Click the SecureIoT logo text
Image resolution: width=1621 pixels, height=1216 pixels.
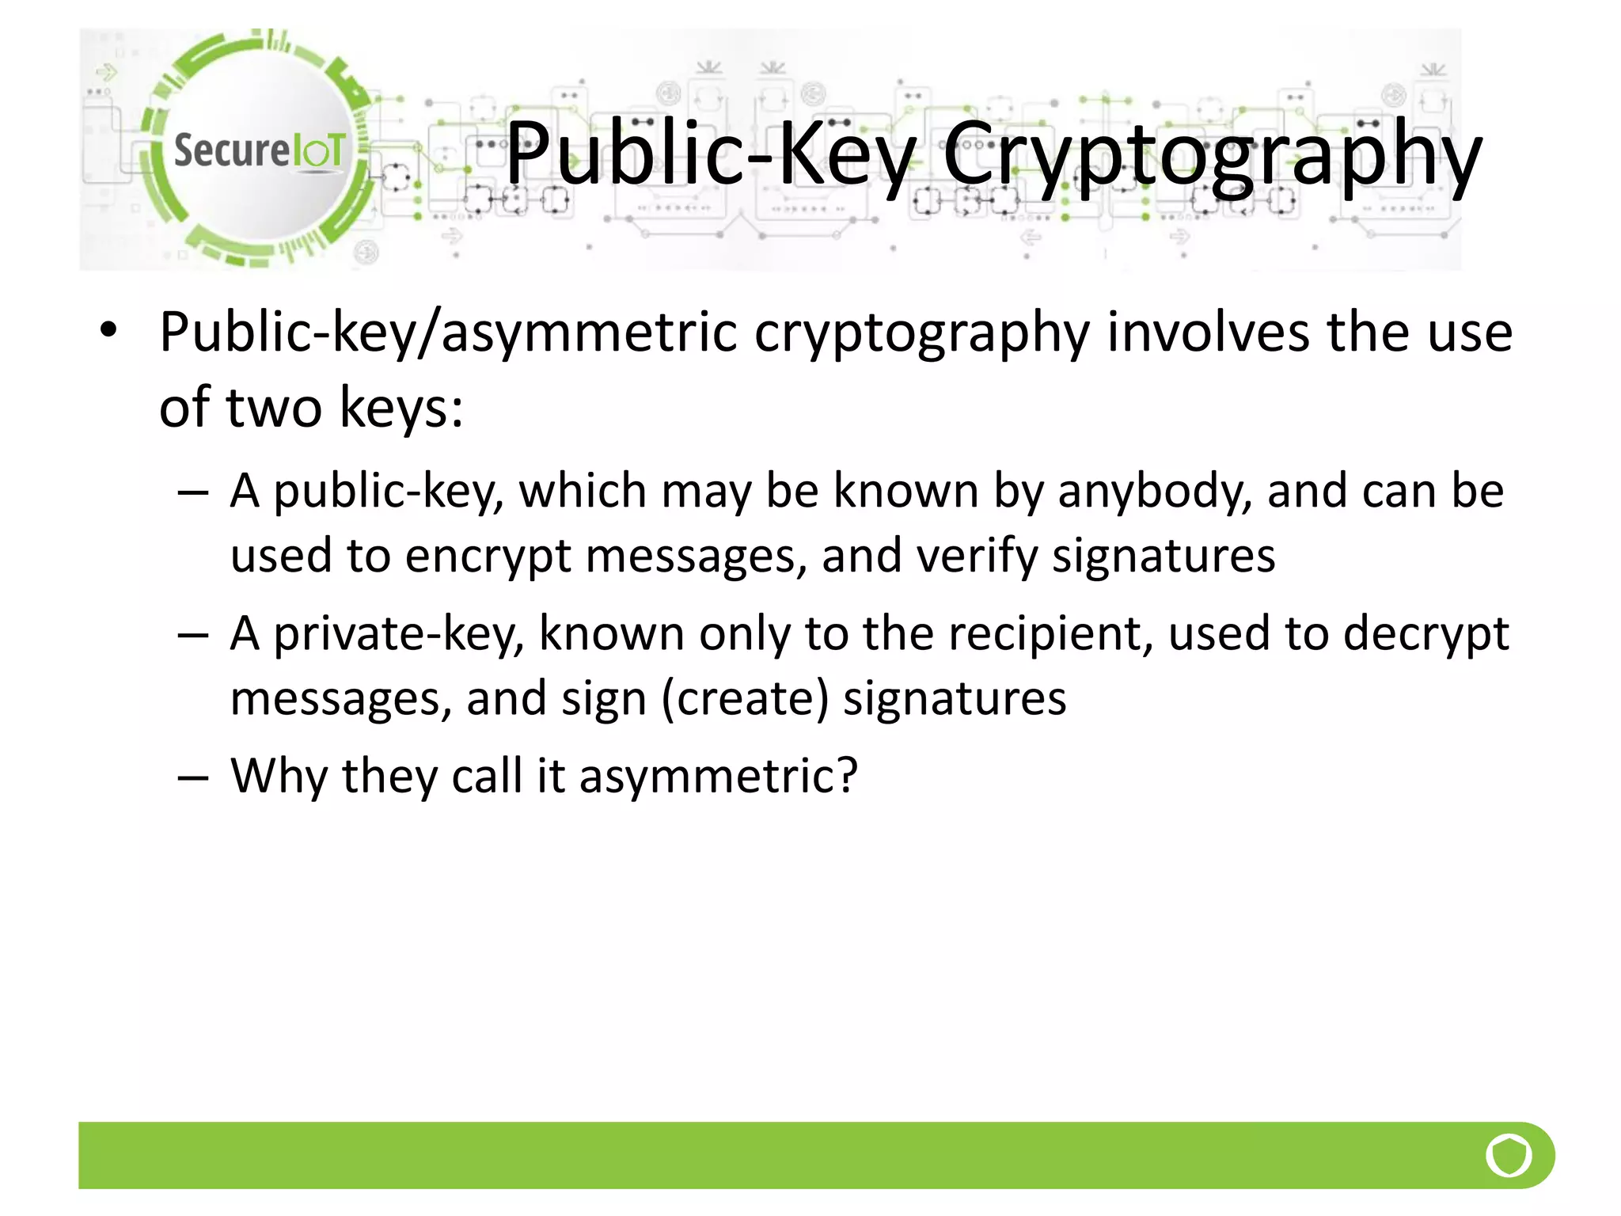tap(259, 150)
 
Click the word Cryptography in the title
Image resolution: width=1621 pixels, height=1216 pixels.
tap(1211, 155)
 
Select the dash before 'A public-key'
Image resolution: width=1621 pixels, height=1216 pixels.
tap(192, 493)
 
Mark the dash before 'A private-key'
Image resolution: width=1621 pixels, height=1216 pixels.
tap(192, 636)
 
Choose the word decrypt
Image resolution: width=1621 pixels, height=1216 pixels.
tap(1425, 636)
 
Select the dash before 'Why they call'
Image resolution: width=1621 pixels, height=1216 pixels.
tap(192, 777)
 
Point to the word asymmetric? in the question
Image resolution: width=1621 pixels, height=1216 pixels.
tap(719, 777)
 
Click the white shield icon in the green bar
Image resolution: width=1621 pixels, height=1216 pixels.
tap(1509, 1156)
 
